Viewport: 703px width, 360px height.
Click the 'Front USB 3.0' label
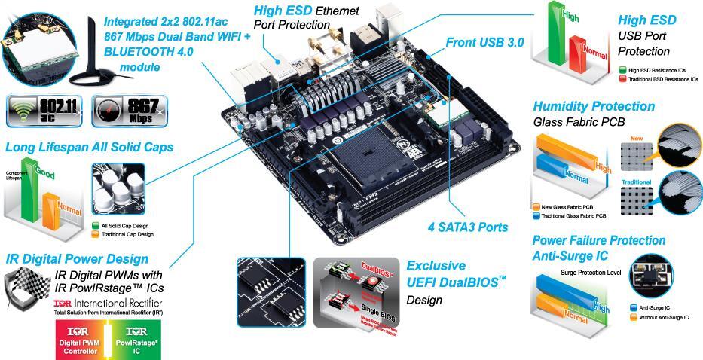click(484, 43)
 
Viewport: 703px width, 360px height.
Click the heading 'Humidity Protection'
click(594, 106)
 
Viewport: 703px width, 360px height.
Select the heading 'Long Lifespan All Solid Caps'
click(90, 148)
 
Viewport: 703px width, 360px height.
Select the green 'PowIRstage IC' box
click(137, 340)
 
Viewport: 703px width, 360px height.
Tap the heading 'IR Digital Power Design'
click(76, 258)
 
